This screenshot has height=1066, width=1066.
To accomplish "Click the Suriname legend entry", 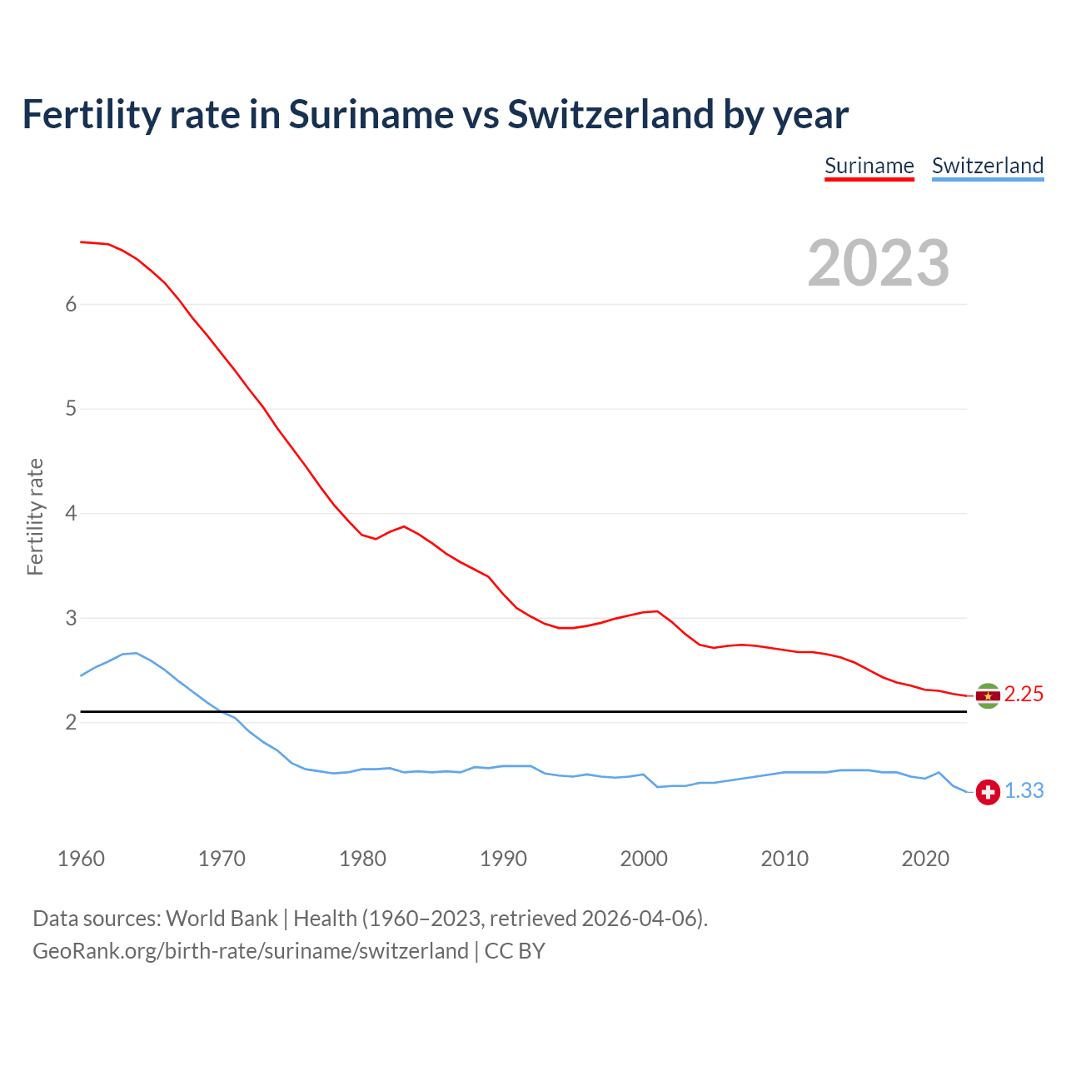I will click(x=869, y=166).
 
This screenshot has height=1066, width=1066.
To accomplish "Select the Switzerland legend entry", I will click(x=987, y=166).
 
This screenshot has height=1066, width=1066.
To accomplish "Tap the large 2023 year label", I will click(x=879, y=263).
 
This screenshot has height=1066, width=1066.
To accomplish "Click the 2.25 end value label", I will click(x=1024, y=695).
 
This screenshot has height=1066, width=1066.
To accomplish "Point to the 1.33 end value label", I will click(x=1024, y=791).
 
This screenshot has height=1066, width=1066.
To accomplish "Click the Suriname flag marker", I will click(x=988, y=695).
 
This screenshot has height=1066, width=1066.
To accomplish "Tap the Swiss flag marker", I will click(x=988, y=792).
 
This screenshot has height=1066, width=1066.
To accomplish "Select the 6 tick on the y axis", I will click(x=71, y=305).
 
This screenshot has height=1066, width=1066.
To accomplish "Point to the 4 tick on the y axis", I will click(x=71, y=514).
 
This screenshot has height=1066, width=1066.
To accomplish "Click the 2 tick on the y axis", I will click(x=71, y=723).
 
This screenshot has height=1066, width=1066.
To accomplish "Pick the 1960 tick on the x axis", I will click(x=81, y=859).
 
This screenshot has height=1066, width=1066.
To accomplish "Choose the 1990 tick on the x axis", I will click(x=503, y=859).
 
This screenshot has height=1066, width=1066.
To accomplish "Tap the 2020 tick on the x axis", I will click(x=925, y=859).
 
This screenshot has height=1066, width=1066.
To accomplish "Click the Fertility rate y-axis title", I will click(x=35, y=516).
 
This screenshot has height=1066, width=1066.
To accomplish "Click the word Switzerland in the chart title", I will click(x=610, y=114).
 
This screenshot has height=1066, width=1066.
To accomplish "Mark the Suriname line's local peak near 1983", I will click(x=404, y=526).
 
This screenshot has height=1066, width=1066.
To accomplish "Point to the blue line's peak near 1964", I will click(x=136, y=653).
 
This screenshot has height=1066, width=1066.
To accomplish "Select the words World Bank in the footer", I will click(x=222, y=919).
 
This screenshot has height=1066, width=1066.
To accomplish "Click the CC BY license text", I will click(x=515, y=951).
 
